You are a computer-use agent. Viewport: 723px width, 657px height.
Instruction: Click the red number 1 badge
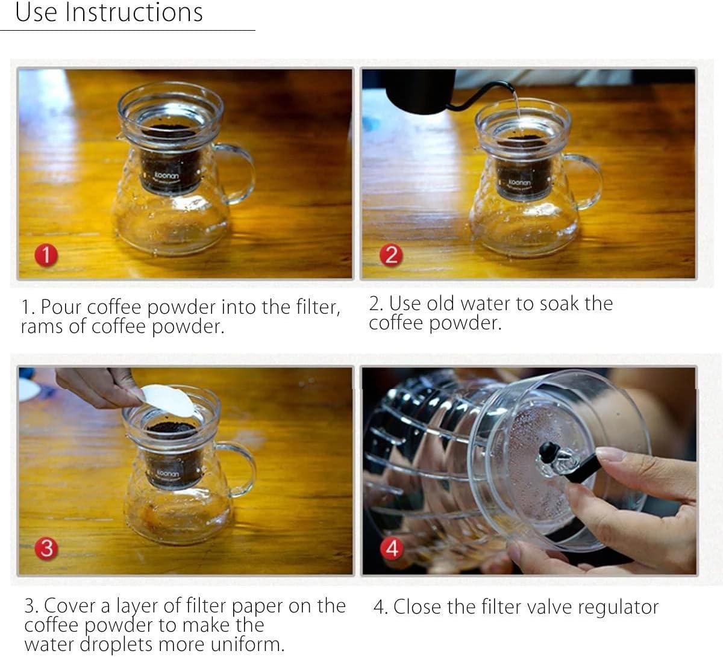point(46,255)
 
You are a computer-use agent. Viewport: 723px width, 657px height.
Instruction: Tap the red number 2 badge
point(391,255)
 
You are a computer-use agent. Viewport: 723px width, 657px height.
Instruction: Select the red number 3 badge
point(46,549)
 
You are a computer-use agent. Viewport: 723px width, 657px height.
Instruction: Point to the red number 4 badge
point(392,549)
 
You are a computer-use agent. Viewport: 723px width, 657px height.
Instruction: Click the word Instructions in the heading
point(134,13)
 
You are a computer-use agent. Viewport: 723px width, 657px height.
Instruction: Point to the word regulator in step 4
point(618,608)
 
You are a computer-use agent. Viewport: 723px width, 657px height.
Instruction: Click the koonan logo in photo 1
point(166,175)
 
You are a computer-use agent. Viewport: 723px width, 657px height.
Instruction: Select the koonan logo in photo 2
point(519,182)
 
